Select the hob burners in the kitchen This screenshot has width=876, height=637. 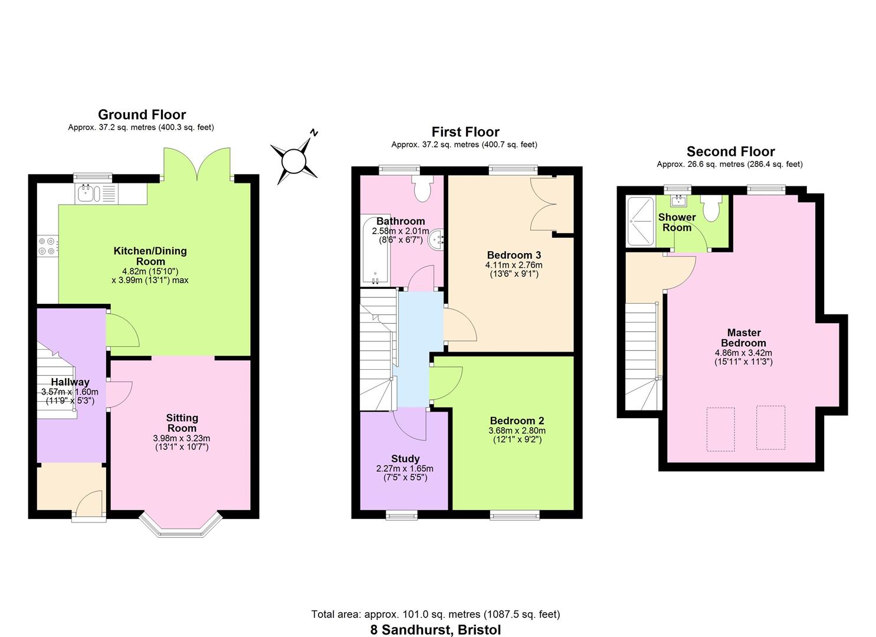[x=47, y=246]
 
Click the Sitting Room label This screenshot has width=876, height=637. [x=182, y=423]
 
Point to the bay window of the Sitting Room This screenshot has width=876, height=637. [x=181, y=526]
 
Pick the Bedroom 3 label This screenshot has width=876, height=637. [x=514, y=255]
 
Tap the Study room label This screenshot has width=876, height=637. [x=405, y=458]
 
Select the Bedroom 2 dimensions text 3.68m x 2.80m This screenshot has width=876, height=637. [x=517, y=431]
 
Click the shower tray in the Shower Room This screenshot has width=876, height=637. [x=641, y=221]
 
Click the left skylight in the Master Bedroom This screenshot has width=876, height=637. [x=720, y=429]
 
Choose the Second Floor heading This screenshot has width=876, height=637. [x=730, y=152]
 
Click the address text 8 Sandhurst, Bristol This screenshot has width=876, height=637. [x=435, y=629]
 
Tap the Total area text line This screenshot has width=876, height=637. [x=435, y=614]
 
